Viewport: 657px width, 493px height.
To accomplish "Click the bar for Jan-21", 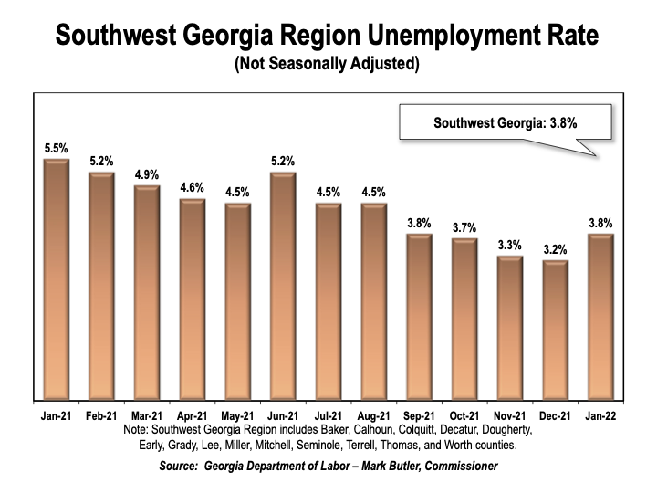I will [57, 279].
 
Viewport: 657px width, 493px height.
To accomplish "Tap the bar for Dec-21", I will [557, 330].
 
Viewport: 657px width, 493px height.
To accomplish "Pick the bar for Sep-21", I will [420, 317].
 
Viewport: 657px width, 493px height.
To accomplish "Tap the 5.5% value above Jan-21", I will [57, 147].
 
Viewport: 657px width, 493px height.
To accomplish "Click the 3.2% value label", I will [557, 248].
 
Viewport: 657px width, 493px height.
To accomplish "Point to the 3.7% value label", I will [465, 226].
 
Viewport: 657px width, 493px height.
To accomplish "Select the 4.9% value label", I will [147, 173].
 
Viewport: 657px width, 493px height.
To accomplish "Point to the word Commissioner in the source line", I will [452, 467].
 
